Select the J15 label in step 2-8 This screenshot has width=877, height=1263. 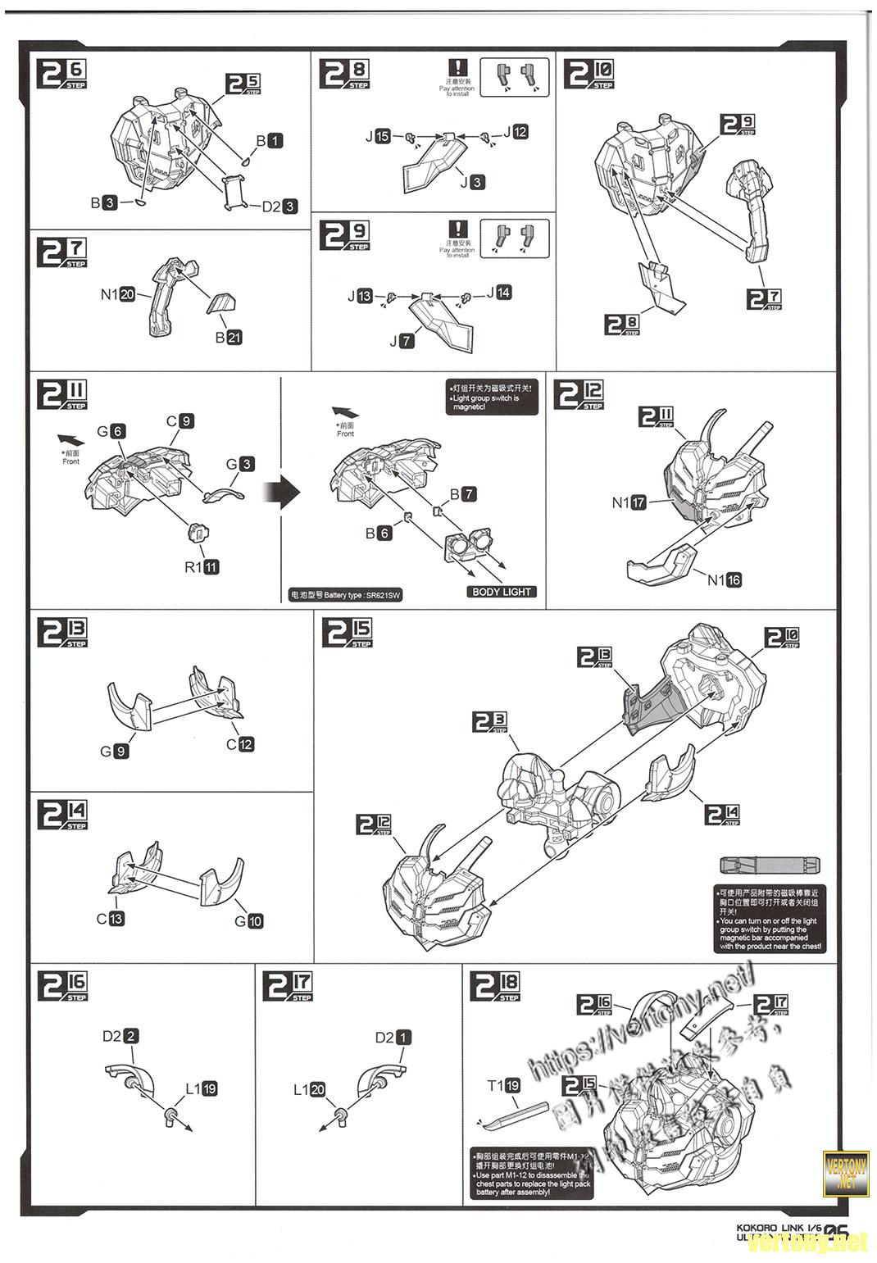[x=378, y=136]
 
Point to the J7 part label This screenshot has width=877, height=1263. [x=402, y=341]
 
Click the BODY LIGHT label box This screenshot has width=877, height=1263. [x=502, y=592]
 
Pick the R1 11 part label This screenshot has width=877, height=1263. [x=202, y=566]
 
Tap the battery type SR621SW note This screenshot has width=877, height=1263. [x=347, y=597]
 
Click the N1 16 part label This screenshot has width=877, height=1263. [x=725, y=579]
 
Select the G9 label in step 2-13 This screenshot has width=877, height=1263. [x=114, y=751]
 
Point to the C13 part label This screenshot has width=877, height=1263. [x=111, y=918]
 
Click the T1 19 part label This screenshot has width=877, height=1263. [x=504, y=1086]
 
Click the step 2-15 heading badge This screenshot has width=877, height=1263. [x=348, y=633]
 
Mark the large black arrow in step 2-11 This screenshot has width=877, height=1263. [x=279, y=492]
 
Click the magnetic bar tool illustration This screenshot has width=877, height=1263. [x=770, y=865]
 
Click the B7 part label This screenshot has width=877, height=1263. [x=462, y=494]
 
